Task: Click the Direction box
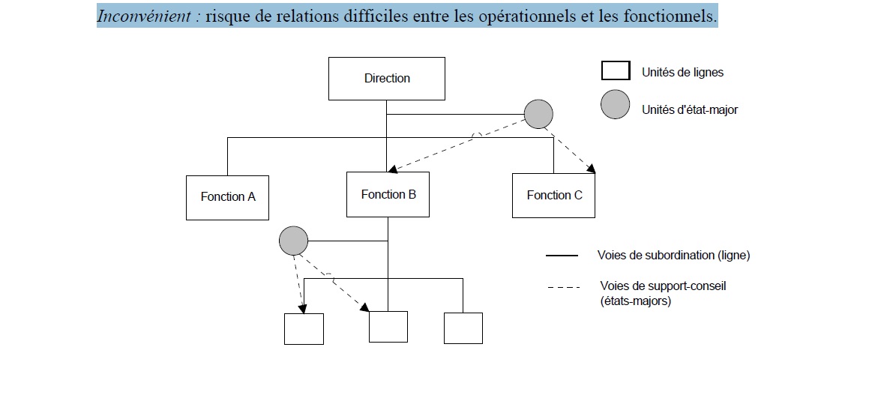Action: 387,79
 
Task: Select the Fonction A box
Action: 227,197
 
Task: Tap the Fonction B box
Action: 388,195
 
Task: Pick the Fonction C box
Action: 553,196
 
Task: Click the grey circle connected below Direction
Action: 538,115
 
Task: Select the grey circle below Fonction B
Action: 293,241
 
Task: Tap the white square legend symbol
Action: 615,71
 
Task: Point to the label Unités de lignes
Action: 682,73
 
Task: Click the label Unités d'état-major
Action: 690,109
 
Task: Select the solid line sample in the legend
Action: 562,256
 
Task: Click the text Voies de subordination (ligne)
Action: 673,256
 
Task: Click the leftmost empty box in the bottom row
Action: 304,329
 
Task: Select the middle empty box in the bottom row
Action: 388,327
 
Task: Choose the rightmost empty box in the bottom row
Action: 463,328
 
